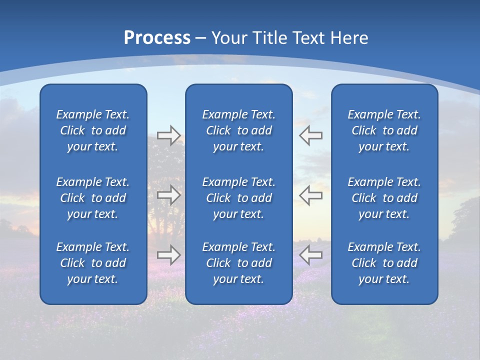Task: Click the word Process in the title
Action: pos(157,38)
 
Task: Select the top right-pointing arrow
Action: pos(168,135)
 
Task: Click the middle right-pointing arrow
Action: pos(168,195)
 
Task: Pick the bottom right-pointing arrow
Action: pos(168,255)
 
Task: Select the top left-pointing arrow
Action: pos(310,135)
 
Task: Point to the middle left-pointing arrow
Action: pos(310,195)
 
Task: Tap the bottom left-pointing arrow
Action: pos(310,255)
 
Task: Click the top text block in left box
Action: pos(93,130)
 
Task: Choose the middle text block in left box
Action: pos(93,198)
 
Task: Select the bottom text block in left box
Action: pos(93,263)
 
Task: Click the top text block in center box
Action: pos(238,130)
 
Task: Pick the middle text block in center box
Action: pos(238,198)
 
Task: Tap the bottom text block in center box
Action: pos(238,263)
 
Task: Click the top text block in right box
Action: pos(384,130)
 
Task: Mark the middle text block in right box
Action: pos(384,198)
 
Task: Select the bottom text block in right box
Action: pos(384,263)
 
